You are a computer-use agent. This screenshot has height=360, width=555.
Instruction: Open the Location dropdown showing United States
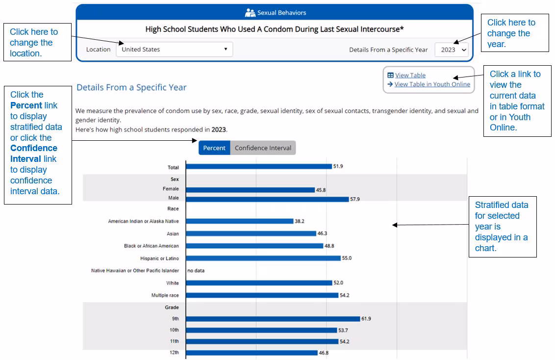(x=174, y=49)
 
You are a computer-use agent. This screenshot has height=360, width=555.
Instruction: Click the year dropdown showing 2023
(x=452, y=50)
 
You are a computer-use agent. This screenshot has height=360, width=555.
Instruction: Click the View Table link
(x=410, y=75)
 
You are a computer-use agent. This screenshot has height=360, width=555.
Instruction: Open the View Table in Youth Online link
(x=432, y=84)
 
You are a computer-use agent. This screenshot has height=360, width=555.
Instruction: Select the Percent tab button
(x=214, y=148)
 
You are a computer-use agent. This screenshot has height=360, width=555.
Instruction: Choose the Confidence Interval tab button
(x=263, y=148)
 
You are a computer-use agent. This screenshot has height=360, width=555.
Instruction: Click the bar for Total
(x=259, y=167)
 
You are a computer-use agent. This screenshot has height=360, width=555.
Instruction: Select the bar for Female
(x=251, y=190)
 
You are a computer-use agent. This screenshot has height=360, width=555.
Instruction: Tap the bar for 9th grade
(x=273, y=319)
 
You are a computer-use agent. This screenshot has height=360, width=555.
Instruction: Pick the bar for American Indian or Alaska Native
(x=240, y=221)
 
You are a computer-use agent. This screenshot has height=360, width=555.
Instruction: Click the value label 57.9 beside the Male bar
(x=354, y=199)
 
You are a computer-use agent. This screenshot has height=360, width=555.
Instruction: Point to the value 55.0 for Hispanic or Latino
(x=347, y=258)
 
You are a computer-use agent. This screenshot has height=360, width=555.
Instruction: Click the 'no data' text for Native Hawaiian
(x=196, y=270)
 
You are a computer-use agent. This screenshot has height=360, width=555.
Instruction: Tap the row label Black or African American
(x=151, y=246)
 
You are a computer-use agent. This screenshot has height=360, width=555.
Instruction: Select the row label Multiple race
(x=165, y=295)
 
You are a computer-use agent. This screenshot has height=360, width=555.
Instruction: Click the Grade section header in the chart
(x=172, y=308)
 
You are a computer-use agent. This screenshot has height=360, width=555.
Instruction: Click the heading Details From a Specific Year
(x=131, y=87)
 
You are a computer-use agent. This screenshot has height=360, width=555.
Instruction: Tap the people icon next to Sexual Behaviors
(x=250, y=13)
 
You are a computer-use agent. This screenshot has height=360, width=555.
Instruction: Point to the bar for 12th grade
(x=252, y=353)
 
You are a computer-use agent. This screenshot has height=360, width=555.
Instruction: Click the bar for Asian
(x=251, y=233)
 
